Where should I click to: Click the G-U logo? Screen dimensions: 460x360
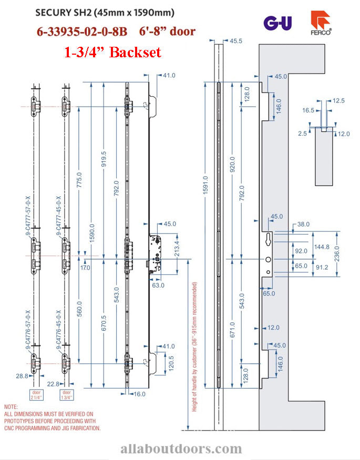tap(277, 23)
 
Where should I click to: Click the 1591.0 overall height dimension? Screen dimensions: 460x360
tap(205, 186)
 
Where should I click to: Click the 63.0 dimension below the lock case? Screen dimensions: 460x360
tap(158, 285)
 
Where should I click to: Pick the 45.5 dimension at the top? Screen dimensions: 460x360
tap(236, 40)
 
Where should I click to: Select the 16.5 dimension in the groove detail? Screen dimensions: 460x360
tap(308, 111)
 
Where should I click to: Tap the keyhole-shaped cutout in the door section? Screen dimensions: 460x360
tap(269, 239)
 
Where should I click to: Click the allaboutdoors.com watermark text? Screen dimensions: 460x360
tap(181, 448)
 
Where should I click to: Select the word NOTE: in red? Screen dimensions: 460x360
tap(11, 407)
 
